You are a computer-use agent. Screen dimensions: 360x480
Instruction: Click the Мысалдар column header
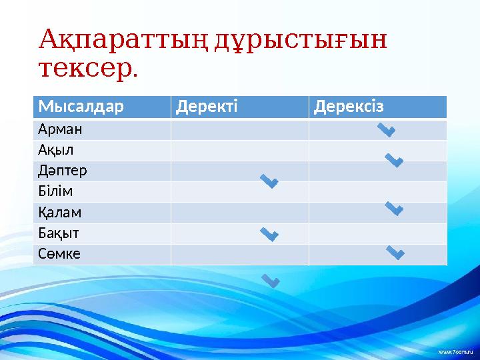[81, 107]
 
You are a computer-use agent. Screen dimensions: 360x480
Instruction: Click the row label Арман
[59, 129]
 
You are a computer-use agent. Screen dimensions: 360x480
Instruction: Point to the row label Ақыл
[56, 150]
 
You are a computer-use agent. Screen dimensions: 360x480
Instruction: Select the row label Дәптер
[63, 171]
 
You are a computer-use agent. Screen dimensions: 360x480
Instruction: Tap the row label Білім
[55, 192]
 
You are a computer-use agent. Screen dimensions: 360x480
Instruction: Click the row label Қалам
[60, 213]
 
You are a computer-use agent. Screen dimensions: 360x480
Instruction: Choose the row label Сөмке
[59, 254]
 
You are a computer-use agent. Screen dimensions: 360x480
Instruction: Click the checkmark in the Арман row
[387, 129]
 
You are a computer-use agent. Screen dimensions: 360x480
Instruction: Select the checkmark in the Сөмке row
[395, 252]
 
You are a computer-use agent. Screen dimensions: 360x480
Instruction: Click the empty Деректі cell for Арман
[239, 129]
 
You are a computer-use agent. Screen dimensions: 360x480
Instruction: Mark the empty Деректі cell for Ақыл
[239, 150]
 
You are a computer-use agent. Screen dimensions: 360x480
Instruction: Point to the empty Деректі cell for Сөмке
[239, 255]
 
